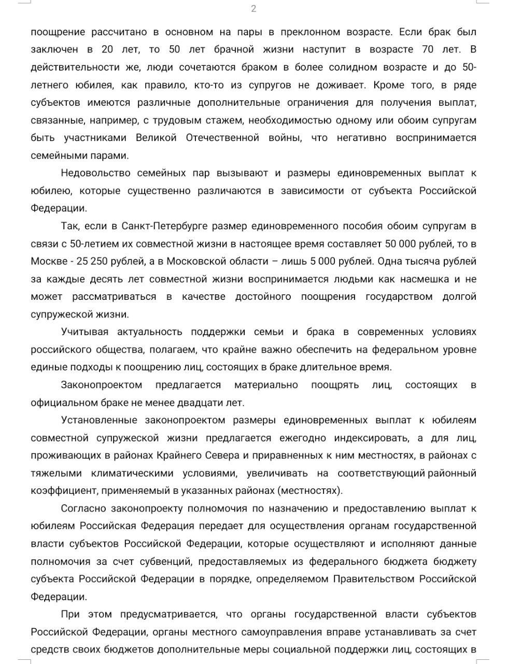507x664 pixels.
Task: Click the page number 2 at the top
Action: (x=253, y=8)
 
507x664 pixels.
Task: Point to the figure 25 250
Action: (x=92, y=261)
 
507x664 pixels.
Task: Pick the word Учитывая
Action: (x=84, y=332)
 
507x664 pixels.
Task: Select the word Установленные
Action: (x=99, y=420)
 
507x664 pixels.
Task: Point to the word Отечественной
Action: (x=222, y=138)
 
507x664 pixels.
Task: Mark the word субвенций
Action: (x=167, y=561)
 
